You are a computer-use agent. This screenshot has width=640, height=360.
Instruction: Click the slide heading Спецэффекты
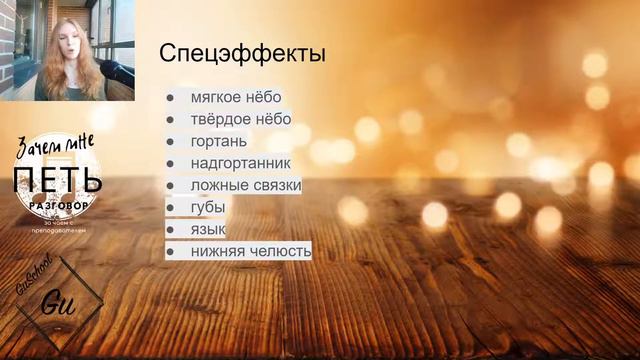(x=242, y=52)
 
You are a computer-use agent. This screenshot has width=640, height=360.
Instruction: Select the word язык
(x=208, y=229)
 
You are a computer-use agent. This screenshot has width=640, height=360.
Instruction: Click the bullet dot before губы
(x=170, y=208)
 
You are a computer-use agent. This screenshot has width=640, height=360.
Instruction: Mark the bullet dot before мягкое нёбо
(x=170, y=99)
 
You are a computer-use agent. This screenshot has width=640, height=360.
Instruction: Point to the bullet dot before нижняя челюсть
(x=170, y=252)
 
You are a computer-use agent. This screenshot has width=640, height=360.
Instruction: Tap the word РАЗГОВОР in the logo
(x=62, y=203)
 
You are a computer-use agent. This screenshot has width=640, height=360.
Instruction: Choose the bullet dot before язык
(x=170, y=230)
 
